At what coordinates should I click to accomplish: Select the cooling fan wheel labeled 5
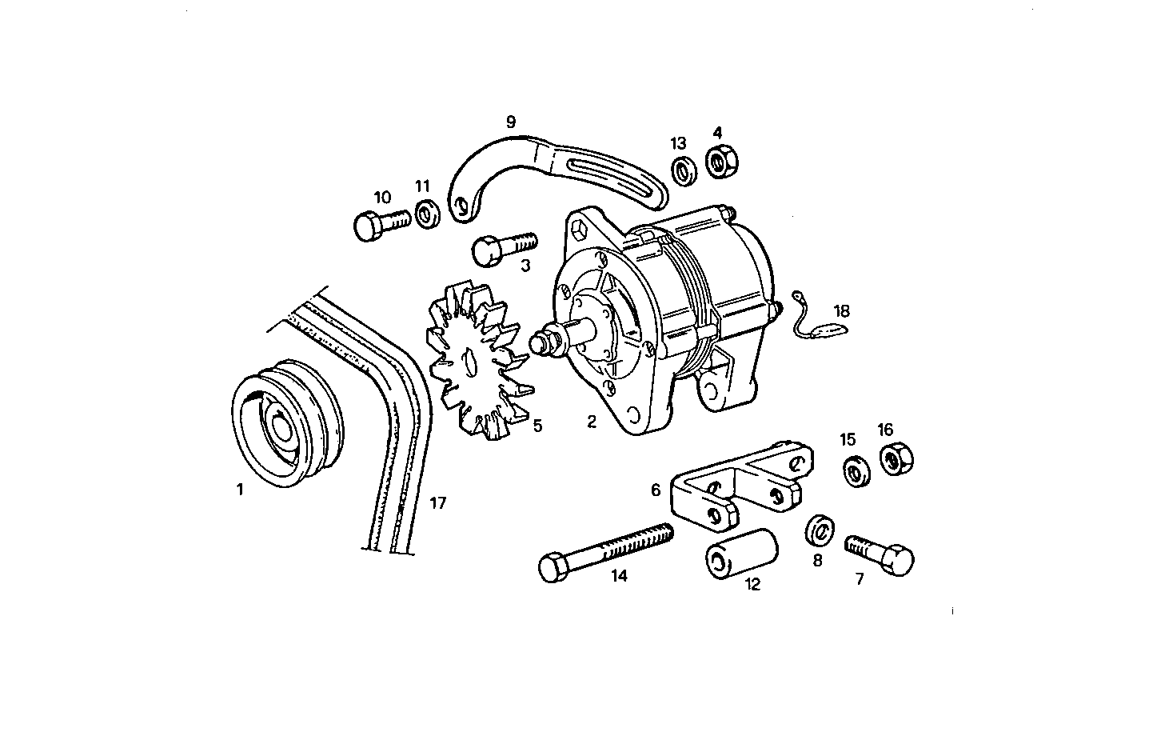click(x=476, y=360)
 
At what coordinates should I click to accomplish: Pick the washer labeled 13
click(x=681, y=171)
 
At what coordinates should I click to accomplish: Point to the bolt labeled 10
click(x=380, y=223)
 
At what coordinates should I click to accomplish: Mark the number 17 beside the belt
click(x=437, y=503)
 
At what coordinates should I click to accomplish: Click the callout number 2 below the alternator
click(x=592, y=422)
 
